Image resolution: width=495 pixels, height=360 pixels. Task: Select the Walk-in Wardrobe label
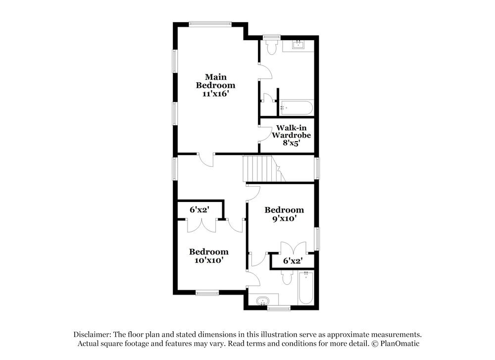(x=287, y=131)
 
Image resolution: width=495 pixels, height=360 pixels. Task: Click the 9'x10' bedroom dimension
(x=284, y=218)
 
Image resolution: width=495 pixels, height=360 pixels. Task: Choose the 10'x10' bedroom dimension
(x=209, y=260)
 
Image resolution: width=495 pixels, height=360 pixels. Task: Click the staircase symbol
(x=261, y=169)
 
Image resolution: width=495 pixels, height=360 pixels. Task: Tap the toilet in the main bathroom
(x=271, y=46)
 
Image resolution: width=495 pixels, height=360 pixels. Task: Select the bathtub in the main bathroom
(x=297, y=107)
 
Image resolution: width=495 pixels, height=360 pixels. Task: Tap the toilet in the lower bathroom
(x=287, y=277)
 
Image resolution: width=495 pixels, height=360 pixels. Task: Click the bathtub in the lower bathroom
(x=305, y=288)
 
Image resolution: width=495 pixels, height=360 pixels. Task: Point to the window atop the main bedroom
(x=210, y=23)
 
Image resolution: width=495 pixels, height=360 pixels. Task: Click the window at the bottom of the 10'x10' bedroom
(x=207, y=293)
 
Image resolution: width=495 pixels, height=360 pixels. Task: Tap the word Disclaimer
(x=93, y=335)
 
